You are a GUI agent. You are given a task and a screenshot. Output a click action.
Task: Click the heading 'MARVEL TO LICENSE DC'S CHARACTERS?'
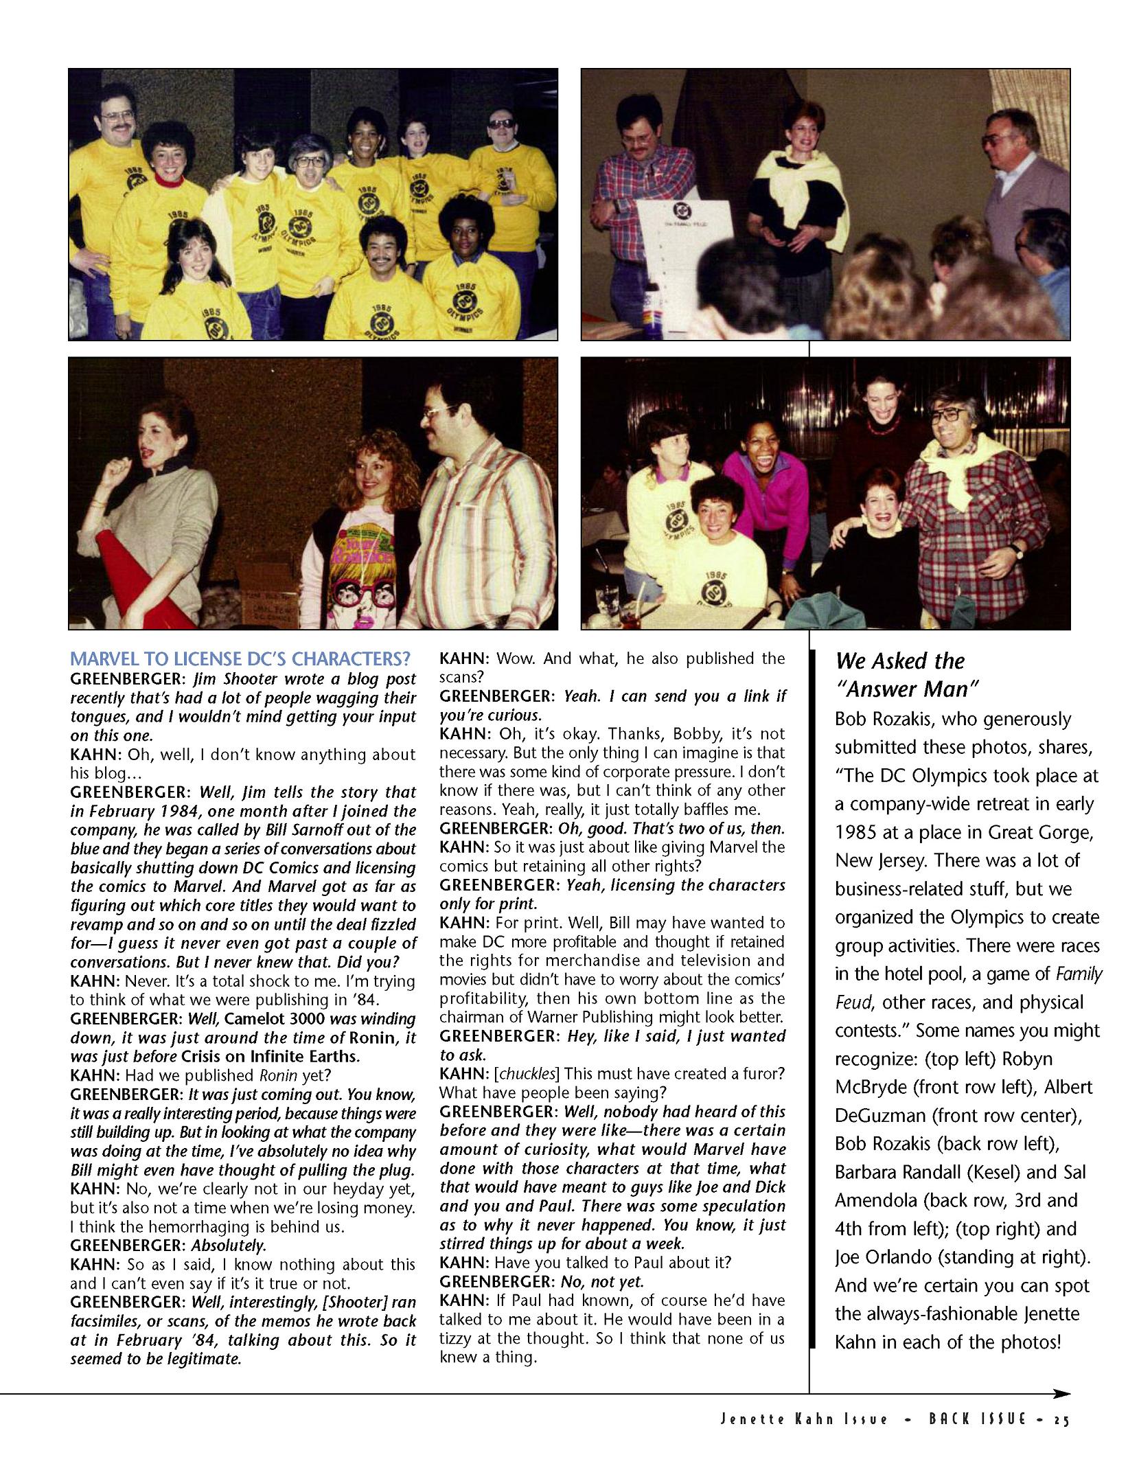point(240,659)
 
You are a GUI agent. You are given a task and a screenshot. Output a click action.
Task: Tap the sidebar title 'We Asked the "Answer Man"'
point(906,674)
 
